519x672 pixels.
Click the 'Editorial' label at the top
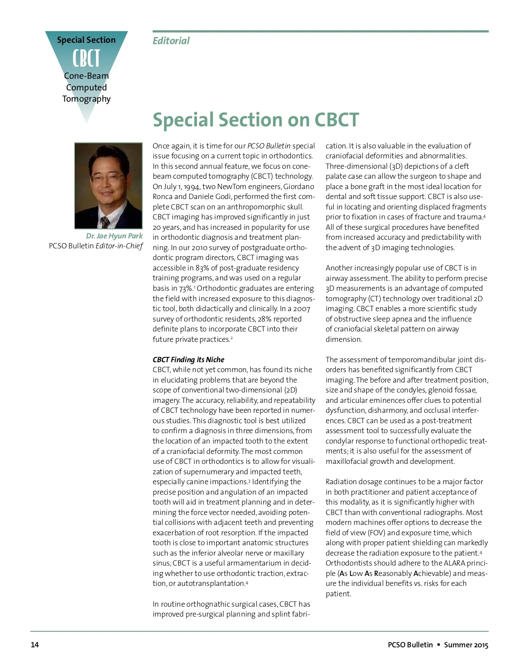coord(171,41)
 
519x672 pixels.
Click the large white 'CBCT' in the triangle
coord(86,58)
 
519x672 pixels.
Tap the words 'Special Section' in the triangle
coord(86,40)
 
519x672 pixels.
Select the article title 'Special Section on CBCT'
coord(256,120)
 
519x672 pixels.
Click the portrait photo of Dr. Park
coord(108,185)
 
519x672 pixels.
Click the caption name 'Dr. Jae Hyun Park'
coord(114,236)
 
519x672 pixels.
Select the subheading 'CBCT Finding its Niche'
coord(188,360)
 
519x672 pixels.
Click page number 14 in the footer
coord(35,645)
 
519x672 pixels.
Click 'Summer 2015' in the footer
coord(466,645)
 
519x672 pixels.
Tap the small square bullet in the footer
coord(439,645)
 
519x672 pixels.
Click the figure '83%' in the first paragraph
coord(202,268)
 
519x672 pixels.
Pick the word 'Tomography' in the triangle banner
coord(86,99)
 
